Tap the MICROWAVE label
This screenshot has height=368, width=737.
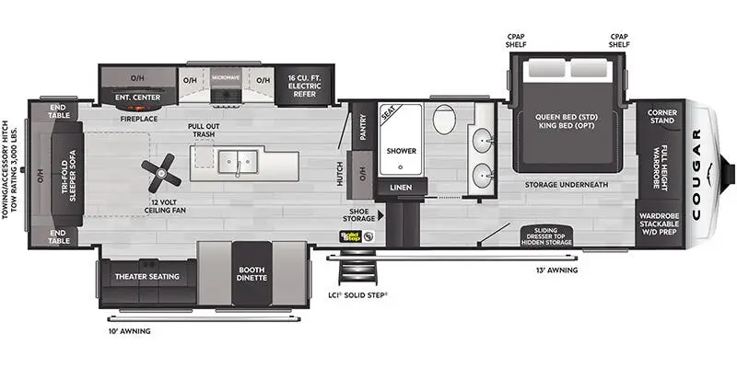point(225,78)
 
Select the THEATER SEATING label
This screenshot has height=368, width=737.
point(146,275)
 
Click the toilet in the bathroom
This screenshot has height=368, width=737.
point(444,120)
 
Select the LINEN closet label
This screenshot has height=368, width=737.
point(401,188)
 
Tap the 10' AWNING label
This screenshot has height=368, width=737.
point(128,330)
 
